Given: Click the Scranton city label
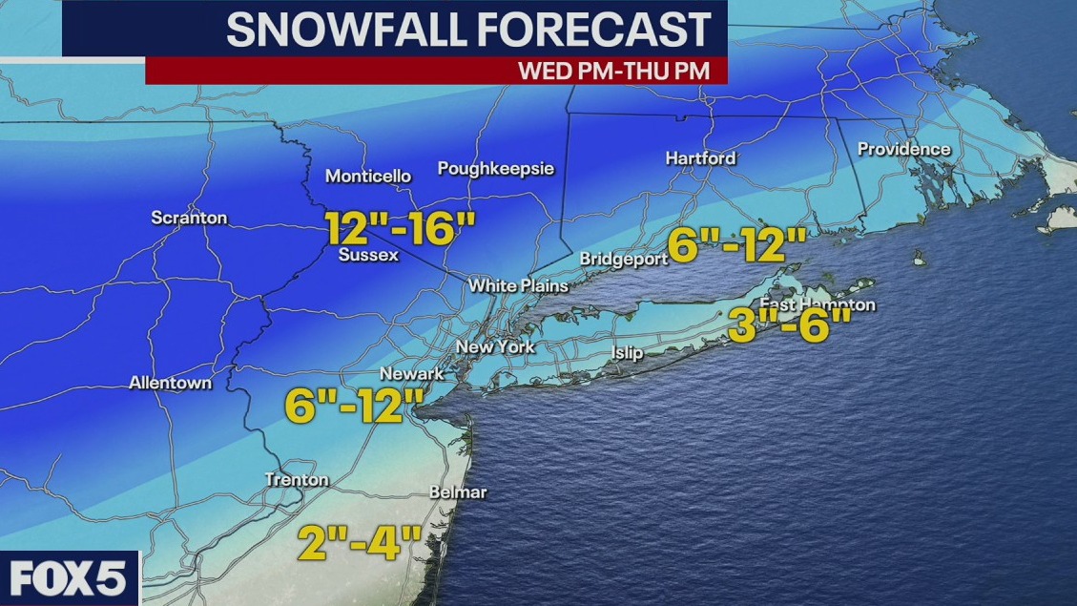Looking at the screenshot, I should tap(189, 218).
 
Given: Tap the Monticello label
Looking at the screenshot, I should tap(368, 176).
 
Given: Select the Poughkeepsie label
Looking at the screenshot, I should tap(495, 168).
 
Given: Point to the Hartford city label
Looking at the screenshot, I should tap(700, 157).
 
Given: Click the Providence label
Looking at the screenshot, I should tap(903, 149).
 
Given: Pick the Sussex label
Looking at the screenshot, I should tap(367, 256).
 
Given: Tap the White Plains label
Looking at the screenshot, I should tap(518, 285).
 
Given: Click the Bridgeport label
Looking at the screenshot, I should tap(620, 259).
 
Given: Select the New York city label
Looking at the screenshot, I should tap(495, 346).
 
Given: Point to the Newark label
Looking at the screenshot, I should tap(412, 373).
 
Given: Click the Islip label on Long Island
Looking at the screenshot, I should tap(627, 353).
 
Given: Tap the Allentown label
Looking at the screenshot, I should tap(171, 383).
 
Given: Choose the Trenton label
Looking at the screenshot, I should tap(297, 479).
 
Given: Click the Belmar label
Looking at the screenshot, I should tap(458, 492).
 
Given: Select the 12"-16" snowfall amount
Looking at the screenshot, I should tap(400, 230).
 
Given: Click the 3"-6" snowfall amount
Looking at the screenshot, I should tap(788, 326).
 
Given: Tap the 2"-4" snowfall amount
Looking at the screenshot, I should tap(359, 543).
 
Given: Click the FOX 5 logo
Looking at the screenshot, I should tap(69, 578).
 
